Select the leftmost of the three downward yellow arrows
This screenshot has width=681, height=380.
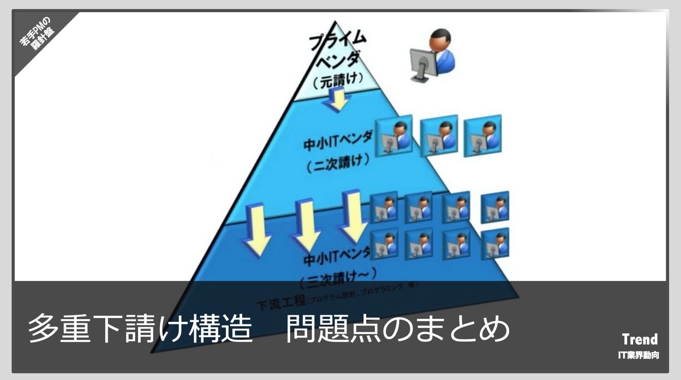point(257,230)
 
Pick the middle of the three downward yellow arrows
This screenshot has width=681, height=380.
point(306,225)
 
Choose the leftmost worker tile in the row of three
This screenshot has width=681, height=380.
point(394,136)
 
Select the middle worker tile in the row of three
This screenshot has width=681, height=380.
point(439,136)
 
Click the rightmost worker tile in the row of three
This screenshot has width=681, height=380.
point(483,136)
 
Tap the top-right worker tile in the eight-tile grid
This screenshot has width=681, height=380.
point(495,207)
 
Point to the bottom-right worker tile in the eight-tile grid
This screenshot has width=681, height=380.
point(495,243)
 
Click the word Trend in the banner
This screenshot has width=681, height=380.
point(640,339)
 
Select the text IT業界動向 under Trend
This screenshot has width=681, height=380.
point(638,355)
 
